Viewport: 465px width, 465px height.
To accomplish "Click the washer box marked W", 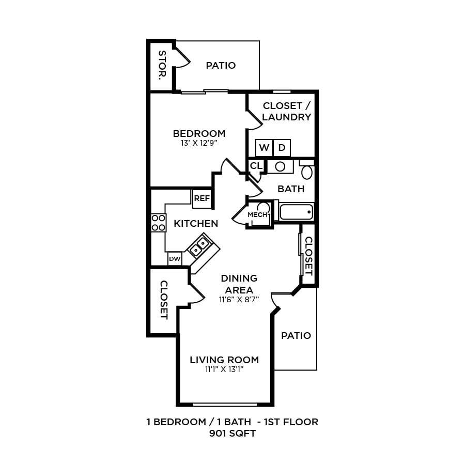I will pos(264,148).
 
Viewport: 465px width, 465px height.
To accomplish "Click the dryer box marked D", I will pos(282,148).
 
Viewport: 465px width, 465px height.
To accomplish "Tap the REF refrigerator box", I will pos(202,198).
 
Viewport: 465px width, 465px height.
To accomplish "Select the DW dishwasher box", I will pos(175,258).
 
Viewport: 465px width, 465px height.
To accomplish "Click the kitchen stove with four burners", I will pos(158,223).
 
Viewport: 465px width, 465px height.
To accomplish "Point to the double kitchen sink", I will pos(200,246).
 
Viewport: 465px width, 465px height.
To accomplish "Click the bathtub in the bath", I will pos(296,212).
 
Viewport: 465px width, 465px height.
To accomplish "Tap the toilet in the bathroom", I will pos(307,171).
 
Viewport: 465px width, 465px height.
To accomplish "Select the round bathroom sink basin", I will pos(281,167).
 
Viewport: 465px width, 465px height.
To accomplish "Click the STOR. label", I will pos(162,66).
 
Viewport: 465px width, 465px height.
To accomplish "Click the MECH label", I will pos(257,214).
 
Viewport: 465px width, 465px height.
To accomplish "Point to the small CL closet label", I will pos(256,166).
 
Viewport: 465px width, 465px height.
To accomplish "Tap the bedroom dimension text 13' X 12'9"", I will pos(199,143).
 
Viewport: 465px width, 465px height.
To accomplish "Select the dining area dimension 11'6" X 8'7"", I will pos(239,299).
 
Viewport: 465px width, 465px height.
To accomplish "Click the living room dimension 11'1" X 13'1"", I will pos(224,369).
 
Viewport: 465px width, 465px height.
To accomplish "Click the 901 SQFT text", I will pos(233,433).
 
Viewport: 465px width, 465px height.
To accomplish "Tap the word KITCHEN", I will pos(196,224).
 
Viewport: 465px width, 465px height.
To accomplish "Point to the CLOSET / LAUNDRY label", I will pos(286,111).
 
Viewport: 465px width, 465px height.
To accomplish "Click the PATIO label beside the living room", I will pos(296,335).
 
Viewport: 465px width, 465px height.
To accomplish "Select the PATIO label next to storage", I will pos(221,66).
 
